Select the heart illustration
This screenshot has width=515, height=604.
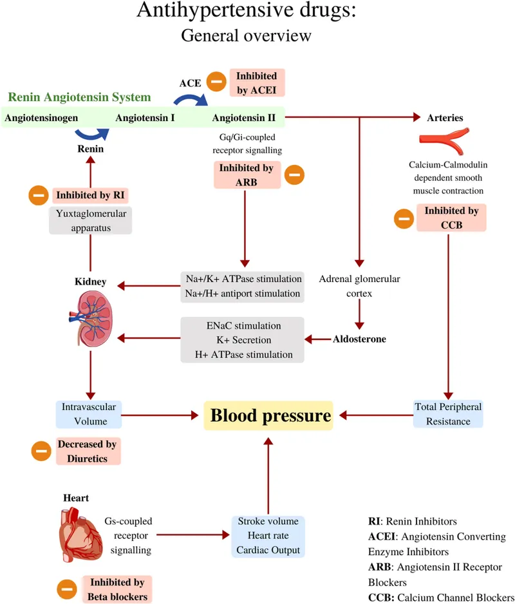(81, 534)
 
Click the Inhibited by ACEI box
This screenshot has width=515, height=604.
(256, 82)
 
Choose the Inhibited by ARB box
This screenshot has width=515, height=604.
(247, 175)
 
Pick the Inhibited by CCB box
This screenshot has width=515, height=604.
(451, 218)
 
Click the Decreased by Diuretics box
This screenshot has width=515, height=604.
(89, 451)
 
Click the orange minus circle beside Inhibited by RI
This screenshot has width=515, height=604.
(37, 195)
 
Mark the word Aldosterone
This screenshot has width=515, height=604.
(359, 339)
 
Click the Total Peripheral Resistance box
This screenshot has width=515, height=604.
(447, 414)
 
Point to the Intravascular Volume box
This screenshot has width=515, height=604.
(89, 414)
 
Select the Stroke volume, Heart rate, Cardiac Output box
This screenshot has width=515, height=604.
(268, 536)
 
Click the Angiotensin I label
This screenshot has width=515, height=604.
(145, 118)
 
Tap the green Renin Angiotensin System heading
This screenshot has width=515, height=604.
(79, 98)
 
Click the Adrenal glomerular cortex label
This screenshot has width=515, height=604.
(359, 285)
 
